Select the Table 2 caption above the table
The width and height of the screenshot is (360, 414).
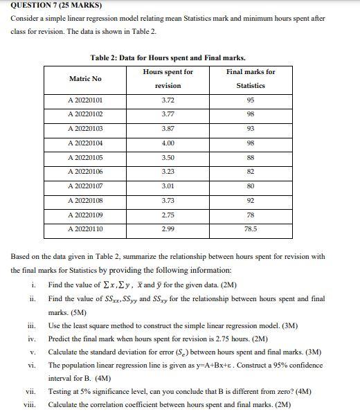coord(168,57)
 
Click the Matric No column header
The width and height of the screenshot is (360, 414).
coord(85,79)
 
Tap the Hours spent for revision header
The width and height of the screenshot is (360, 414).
coord(168,78)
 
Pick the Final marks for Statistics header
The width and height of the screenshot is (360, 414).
coord(251,78)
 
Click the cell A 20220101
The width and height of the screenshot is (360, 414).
coord(85,100)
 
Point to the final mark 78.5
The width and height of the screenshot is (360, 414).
coord(251,228)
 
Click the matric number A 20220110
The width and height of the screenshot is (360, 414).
coord(85,228)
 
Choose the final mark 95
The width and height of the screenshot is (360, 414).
coord(251,100)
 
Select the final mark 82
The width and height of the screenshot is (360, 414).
coord(251,171)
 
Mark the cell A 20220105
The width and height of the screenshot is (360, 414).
coord(85,157)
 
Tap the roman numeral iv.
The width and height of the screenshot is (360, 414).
coord(30,339)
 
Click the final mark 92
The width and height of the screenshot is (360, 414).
coord(251,200)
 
